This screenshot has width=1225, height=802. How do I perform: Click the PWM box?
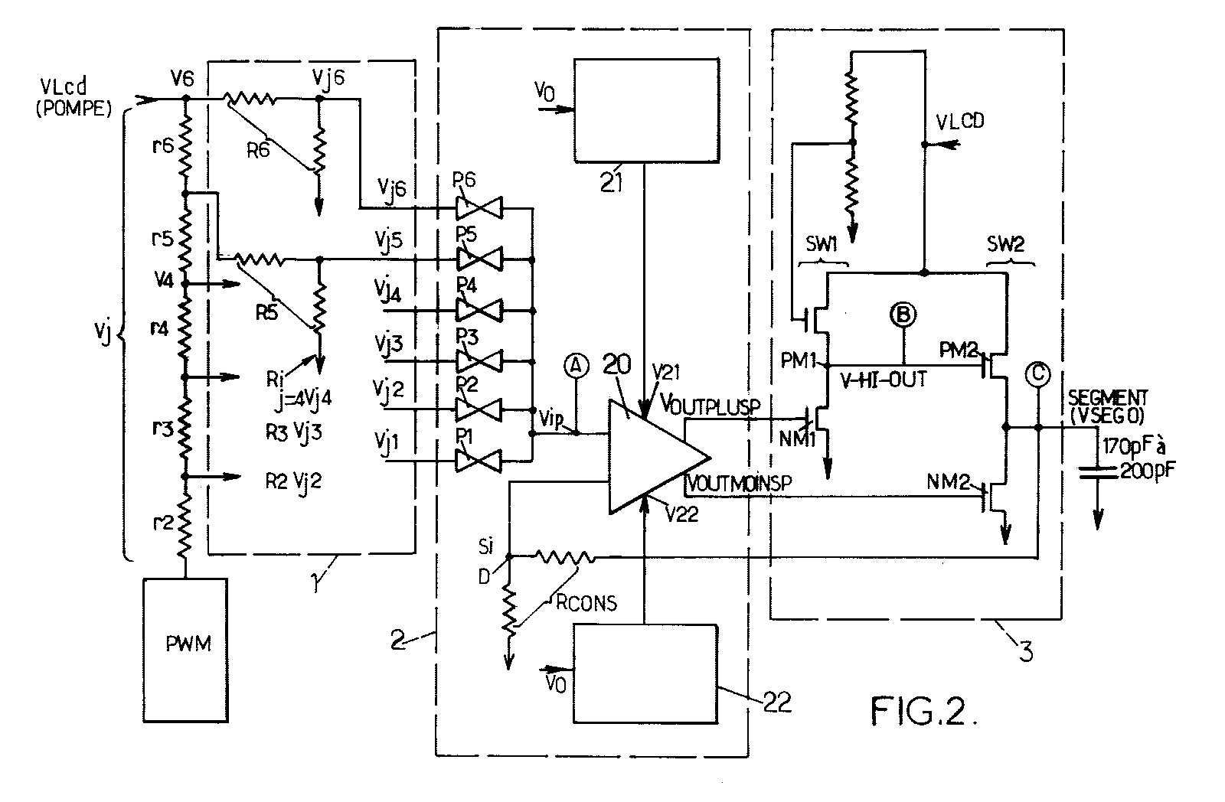[x=185, y=650]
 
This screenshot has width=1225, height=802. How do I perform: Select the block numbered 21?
[x=646, y=110]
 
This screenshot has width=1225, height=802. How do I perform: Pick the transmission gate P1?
[x=479, y=461]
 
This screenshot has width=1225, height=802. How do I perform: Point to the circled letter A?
[x=576, y=367]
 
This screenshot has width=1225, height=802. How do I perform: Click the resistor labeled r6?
[x=185, y=146]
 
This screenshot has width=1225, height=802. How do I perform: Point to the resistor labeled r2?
[x=185, y=523]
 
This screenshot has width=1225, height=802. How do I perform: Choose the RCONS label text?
[x=586, y=603]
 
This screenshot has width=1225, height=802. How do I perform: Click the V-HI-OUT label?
[x=884, y=379]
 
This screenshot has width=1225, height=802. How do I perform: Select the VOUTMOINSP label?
[x=739, y=484]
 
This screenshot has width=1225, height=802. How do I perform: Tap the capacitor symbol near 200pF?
[x=1098, y=472]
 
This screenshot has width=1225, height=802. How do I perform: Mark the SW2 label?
[x=1006, y=244]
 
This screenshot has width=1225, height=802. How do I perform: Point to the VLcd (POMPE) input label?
[x=73, y=97]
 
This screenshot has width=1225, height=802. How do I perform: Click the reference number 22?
[x=777, y=703]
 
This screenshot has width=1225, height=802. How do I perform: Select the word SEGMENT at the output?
[x=1108, y=397]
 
